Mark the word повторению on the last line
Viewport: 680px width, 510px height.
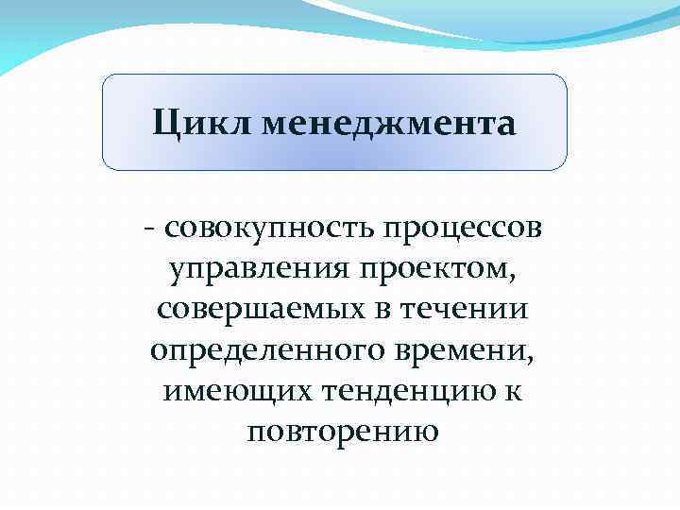[x=343, y=432]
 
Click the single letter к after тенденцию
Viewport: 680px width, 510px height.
[x=515, y=389]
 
